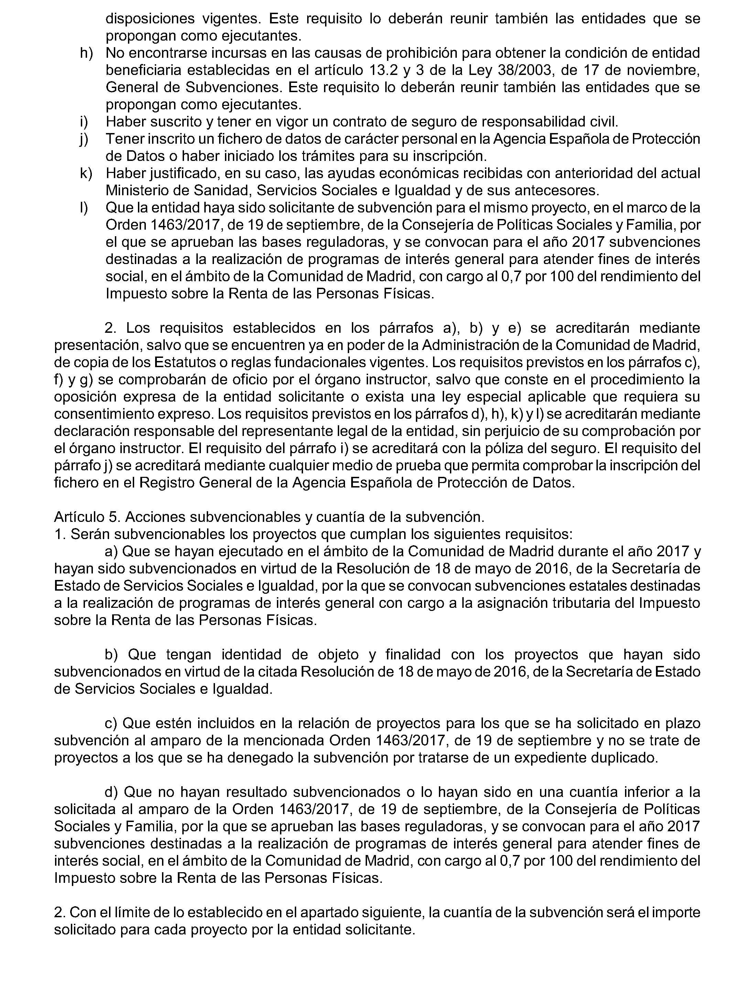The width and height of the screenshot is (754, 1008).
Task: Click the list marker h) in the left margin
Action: pos(86,53)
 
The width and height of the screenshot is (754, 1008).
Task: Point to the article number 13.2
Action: pos(381,70)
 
